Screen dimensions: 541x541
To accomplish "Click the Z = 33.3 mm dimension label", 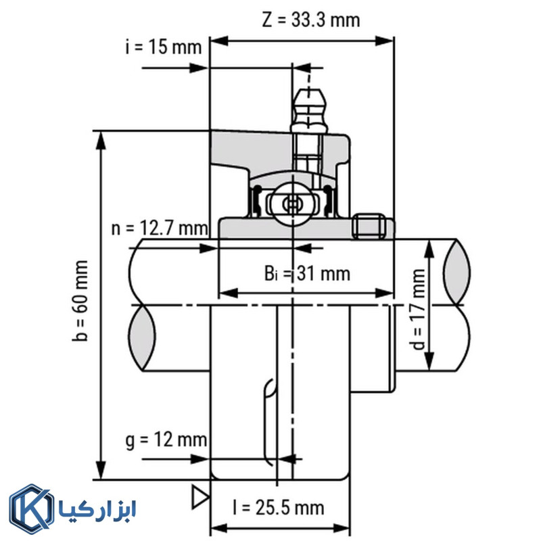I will [x=310, y=20].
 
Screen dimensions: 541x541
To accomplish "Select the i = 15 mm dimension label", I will [x=163, y=47].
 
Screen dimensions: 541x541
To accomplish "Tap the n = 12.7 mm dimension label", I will [x=160, y=227].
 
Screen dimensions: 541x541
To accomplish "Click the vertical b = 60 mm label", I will [x=82, y=302].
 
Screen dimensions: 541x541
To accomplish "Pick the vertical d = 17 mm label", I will [x=419, y=308].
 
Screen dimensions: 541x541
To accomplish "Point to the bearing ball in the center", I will [x=293, y=203].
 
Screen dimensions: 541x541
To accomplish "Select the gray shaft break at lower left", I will [x=139, y=338].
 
